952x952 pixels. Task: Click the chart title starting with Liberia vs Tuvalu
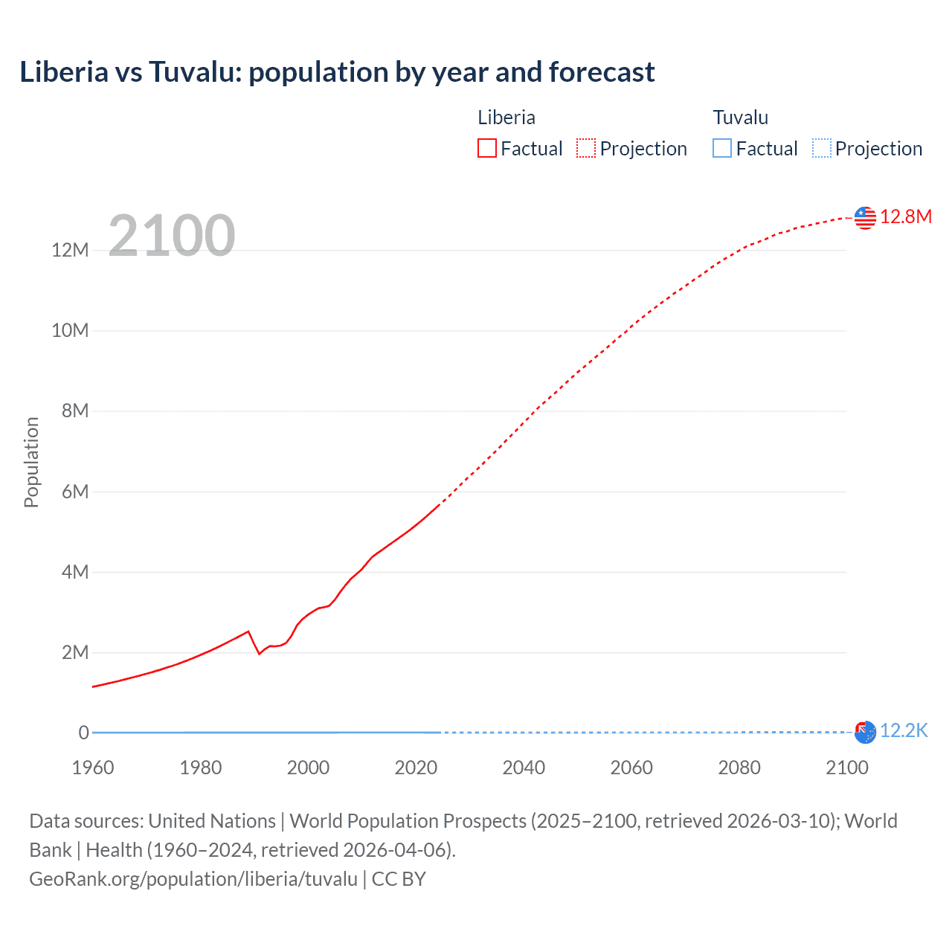click(337, 72)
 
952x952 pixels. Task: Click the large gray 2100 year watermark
click(172, 236)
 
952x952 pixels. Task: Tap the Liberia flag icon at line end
click(865, 217)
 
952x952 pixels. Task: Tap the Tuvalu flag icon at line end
click(865, 732)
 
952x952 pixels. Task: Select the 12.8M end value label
click(905, 216)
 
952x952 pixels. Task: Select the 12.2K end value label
click(904, 730)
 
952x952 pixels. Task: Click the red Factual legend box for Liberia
click(487, 148)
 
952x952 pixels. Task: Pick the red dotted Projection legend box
click(586, 148)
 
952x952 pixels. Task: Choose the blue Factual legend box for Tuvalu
click(722, 148)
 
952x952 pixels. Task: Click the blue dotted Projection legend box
click(822, 148)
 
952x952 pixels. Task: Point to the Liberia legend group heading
click(506, 118)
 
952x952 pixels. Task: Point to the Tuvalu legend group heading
click(740, 118)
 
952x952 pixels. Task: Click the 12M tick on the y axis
click(71, 250)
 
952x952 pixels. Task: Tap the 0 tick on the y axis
click(83, 733)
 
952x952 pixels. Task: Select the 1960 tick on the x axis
click(93, 768)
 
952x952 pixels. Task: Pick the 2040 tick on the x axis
click(524, 768)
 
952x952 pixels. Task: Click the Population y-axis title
click(31, 462)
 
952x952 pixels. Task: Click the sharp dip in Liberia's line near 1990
click(259, 653)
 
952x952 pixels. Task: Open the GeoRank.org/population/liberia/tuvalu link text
click(193, 879)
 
